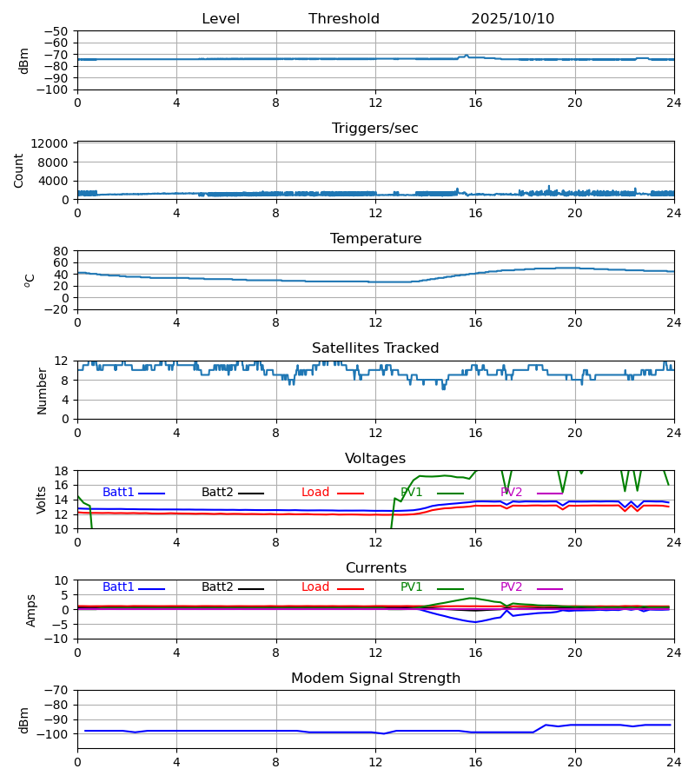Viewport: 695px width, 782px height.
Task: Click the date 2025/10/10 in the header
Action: (513, 19)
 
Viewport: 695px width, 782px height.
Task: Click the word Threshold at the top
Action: (344, 19)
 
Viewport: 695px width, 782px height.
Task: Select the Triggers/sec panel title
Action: (375, 129)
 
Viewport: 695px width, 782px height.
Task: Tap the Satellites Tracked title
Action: (375, 348)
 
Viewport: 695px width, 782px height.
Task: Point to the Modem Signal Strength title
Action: (375, 679)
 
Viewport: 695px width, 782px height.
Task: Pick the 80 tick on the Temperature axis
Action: (62, 251)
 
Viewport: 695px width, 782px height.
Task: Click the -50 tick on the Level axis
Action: (56, 31)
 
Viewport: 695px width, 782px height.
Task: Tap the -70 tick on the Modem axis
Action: (56, 690)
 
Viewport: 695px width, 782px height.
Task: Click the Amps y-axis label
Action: (32, 610)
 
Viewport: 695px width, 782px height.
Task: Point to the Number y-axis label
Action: (43, 390)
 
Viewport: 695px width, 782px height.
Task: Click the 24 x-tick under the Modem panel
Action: (674, 762)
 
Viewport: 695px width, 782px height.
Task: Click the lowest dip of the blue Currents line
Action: (474, 622)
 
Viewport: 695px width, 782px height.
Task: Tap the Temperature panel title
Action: (375, 239)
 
